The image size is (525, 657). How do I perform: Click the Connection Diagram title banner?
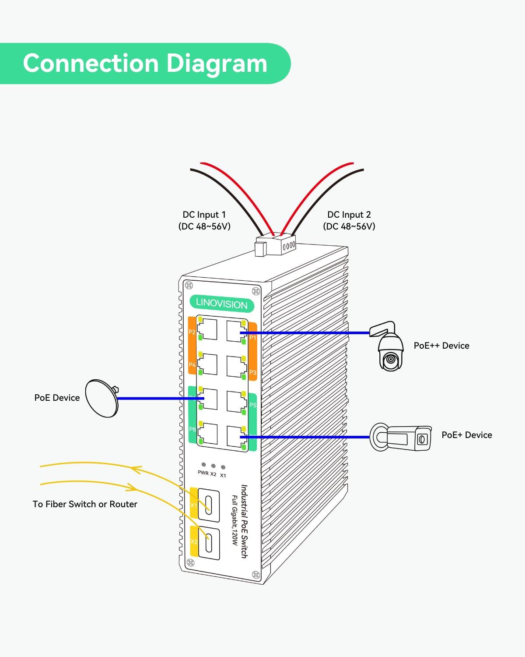(144, 64)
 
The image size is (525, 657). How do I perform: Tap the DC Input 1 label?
(204, 220)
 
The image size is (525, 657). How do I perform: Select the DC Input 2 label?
(349, 220)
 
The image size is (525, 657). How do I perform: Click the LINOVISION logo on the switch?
(221, 304)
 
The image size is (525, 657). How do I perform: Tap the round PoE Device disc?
(101, 398)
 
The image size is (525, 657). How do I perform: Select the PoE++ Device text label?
(441, 346)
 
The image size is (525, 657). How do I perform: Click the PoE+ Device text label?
(466, 435)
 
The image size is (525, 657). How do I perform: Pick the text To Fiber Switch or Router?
(85, 504)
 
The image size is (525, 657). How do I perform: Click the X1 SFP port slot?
(209, 505)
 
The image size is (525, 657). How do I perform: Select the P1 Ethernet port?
(236, 331)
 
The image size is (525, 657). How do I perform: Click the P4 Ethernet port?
(207, 365)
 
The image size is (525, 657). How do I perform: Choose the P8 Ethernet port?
(207, 434)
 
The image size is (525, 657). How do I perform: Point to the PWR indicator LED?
(203, 465)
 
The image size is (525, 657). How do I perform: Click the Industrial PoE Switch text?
(244, 521)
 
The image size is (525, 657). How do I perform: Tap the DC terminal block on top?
(276, 247)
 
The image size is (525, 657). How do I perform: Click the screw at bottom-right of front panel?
(255, 574)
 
